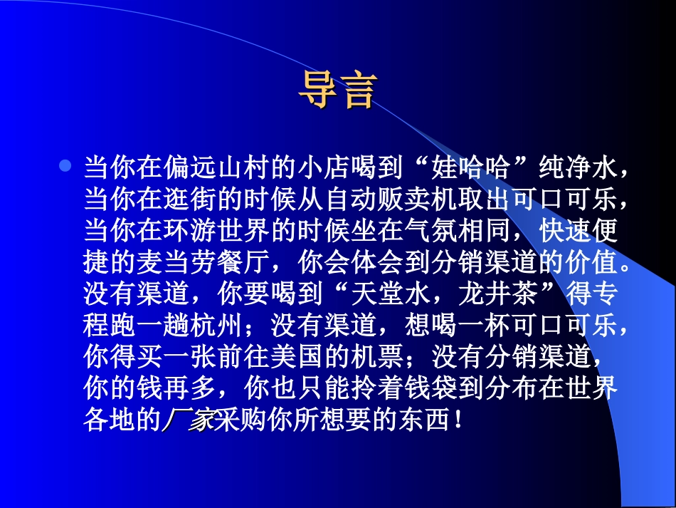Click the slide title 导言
click(x=336, y=91)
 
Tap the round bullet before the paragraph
click(x=65, y=166)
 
